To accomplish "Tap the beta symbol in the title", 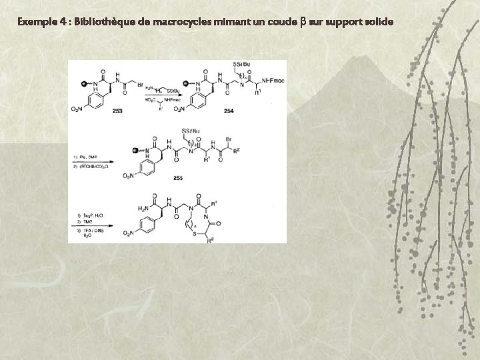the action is [303, 22].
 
